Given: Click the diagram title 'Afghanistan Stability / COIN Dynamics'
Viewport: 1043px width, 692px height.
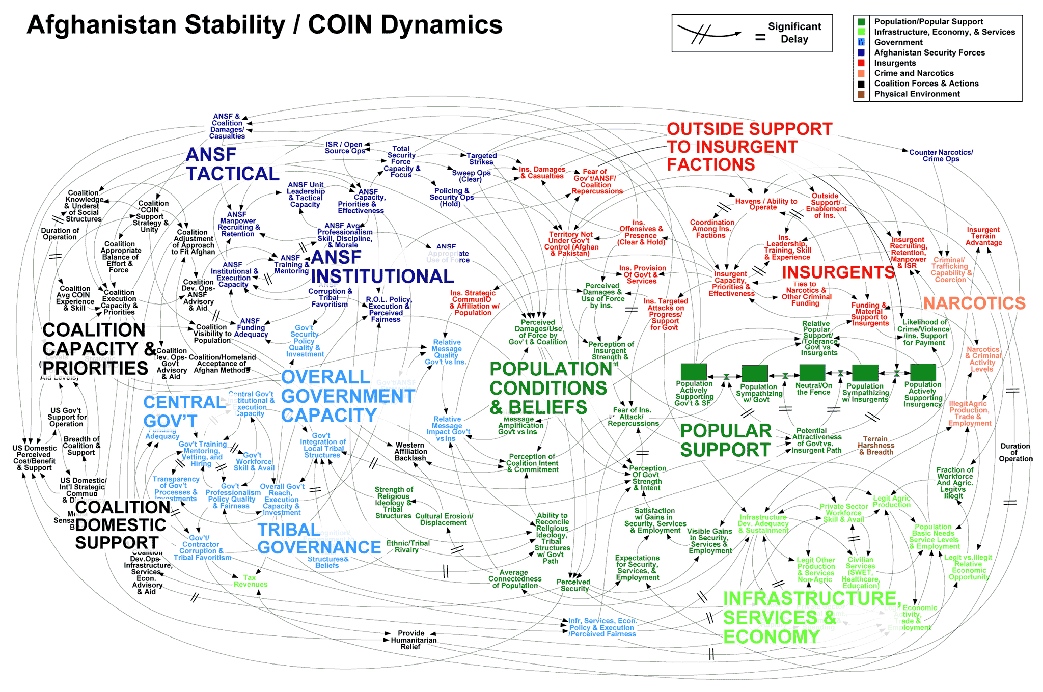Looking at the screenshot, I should coord(264,24).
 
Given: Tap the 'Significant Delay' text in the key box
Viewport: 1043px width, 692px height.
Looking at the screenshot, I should coord(794,33).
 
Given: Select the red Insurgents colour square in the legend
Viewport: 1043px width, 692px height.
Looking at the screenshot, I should coord(861,63).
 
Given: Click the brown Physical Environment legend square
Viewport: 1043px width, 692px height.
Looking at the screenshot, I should coord(861,94).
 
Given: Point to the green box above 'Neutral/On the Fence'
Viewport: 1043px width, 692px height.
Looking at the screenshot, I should coord(812,373).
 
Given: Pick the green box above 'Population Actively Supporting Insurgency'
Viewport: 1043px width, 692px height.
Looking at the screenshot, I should coord(923,373).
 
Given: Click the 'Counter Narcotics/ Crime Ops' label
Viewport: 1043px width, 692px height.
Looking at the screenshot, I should coord(941,156).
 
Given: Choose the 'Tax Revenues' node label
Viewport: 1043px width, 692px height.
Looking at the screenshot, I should coord(250,581).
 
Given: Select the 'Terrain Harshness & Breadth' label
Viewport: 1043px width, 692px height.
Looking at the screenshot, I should coord(875,446).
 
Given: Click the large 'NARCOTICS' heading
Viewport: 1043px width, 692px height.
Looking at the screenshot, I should coord(974,303).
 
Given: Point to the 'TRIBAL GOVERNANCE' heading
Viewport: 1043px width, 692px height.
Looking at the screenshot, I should coord(318,539).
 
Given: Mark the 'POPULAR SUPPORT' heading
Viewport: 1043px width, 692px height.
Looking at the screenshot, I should coord(726,440).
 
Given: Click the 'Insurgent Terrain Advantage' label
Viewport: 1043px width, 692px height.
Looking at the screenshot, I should coord(983,236).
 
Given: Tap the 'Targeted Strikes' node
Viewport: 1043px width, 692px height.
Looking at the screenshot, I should coord(481,159).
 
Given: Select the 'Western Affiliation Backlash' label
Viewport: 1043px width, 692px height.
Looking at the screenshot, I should coord(410,452).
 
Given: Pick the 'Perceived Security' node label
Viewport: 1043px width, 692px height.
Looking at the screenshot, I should coord(573,585).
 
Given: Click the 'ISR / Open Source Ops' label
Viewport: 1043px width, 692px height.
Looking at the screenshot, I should coord(344,148).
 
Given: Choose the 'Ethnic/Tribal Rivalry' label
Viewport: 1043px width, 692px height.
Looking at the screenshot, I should coord(407,546).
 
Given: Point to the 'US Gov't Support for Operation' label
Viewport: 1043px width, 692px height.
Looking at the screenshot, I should coord(67,417).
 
